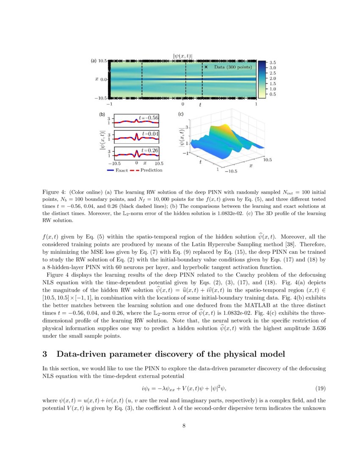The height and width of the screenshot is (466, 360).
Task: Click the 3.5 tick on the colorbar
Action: (273, 62)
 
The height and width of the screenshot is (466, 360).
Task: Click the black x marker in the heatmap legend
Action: (206, 67)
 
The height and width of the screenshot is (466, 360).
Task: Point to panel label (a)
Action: (94, 61)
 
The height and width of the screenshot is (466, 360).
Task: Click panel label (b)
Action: (102, 114)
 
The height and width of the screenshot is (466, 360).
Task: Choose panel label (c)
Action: (181, 114)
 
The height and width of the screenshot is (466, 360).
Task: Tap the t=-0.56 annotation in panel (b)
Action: (149, 117)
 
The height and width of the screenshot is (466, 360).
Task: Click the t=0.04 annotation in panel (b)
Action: (150, 133)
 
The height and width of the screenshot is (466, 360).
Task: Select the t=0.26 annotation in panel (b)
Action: (150, 150)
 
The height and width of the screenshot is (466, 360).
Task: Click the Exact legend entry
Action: (118, 170)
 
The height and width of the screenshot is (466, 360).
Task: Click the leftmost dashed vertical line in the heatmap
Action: (142, 79)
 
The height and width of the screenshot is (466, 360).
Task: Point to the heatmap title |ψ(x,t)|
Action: (183, 55)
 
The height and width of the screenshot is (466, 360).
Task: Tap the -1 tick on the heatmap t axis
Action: (109, 104)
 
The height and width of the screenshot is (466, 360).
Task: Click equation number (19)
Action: (321, 388)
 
